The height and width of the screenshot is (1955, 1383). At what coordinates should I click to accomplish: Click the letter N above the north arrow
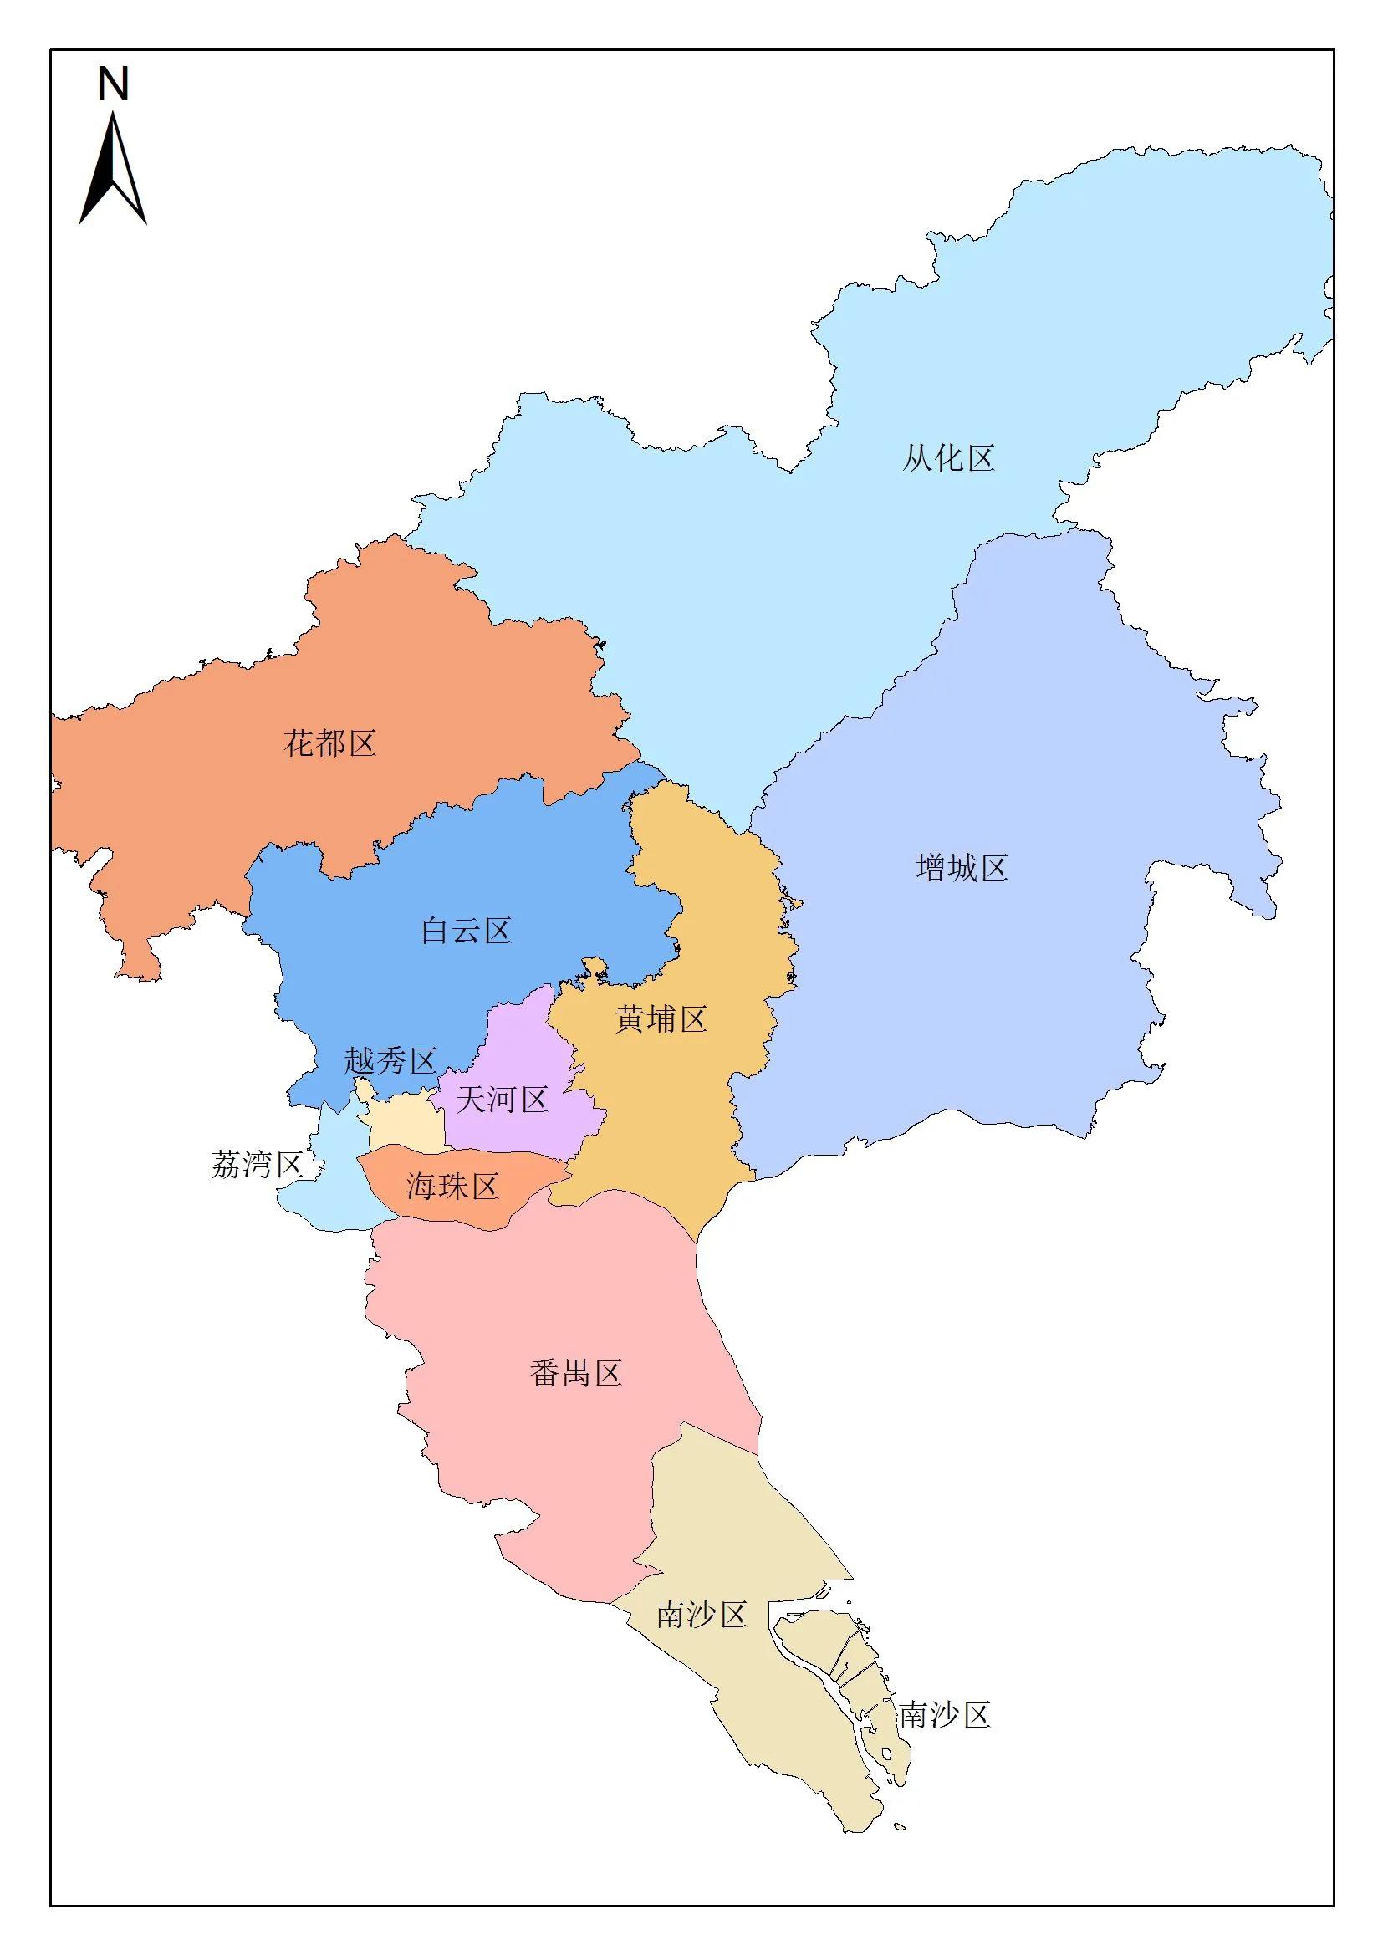[x=113, y=84]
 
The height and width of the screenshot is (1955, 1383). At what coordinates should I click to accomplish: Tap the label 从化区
[x=948, y=459]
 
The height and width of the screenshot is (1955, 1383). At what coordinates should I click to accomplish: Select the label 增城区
[x=962, y=869]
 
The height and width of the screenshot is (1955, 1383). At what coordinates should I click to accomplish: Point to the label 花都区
[x=329, y=744]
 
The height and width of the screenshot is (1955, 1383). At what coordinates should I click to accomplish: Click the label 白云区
[x=466, y=932]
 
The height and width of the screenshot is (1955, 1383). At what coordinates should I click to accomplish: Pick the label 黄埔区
[x=661, y=1019]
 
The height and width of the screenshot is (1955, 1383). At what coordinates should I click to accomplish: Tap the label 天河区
[x=502, y=1100]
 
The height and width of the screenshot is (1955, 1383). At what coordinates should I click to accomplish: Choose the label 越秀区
[x=390, y=1062]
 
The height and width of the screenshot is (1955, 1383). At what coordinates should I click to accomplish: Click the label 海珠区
[x=452, y=1186]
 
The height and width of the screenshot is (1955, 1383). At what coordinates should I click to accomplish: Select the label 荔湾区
[x=257, y=1165]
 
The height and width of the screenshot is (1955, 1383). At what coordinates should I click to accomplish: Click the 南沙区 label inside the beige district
[x=701, y=1615]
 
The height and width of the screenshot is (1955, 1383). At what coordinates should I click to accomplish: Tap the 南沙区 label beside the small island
[x=944, y=1715]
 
